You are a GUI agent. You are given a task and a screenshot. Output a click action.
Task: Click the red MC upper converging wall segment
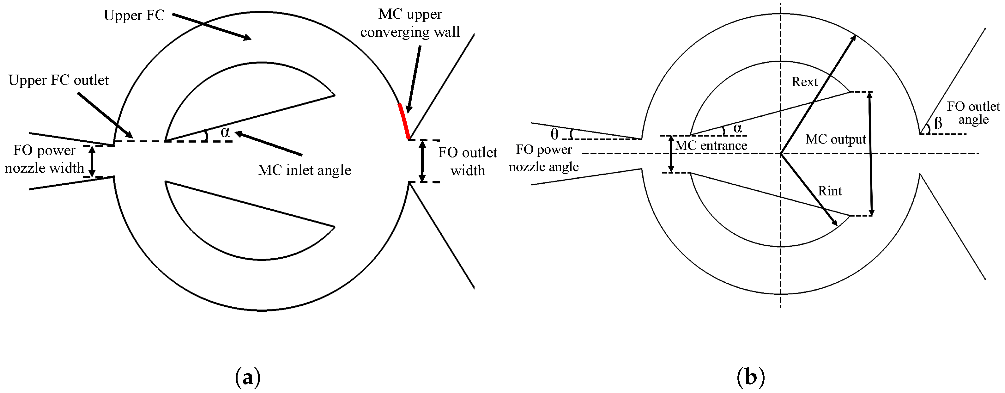(404, 121)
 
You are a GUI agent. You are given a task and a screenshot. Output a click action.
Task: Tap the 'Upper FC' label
(134, 15)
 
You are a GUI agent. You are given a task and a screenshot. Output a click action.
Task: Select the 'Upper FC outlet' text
(58, 80)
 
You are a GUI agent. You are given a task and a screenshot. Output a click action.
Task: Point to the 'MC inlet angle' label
(304, 170)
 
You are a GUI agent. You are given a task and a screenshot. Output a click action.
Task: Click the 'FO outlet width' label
(467, 162)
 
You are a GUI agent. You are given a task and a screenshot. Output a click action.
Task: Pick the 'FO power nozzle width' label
(44, 159)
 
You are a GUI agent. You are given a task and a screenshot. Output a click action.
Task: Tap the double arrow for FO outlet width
(422, 161)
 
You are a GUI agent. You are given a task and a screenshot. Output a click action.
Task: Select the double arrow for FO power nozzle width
(92, 161)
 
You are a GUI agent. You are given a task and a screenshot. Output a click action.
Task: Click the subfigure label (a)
(248, 378)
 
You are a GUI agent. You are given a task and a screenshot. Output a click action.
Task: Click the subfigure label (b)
(750, 378)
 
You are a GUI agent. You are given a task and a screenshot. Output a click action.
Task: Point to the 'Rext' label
(804, 82)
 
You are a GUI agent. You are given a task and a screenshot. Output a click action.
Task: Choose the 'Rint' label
(830, 191)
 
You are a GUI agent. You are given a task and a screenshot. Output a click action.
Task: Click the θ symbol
(554, 134)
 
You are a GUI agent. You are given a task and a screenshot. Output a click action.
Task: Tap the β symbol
(938, 124)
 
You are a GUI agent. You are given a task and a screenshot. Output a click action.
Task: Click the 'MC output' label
(836, 139)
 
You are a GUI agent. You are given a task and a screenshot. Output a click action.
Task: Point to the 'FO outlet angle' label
(973, 113)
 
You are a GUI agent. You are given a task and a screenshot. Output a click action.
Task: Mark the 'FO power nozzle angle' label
(544, 158)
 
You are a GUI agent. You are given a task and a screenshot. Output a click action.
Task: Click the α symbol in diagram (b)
(737, 128)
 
